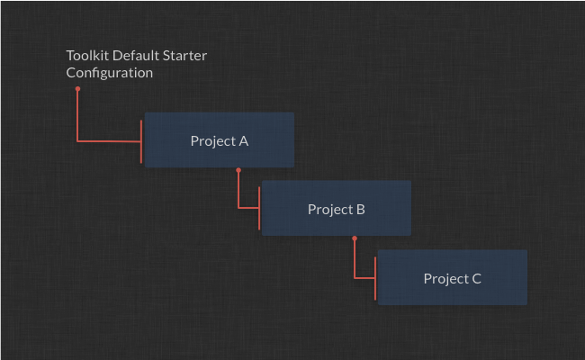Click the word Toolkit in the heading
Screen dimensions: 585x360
(x=87, y=56)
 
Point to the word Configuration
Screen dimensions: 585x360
(x=109, y=73)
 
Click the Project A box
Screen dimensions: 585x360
(x=220, y=139)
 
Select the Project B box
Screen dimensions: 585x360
(x=337, y=208)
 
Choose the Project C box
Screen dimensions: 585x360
(x=453, y=277)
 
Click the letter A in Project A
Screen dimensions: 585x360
(x=244, y=141)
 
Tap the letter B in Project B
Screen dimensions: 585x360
(x=360, y=210)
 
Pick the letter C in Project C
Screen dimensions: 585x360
(x=476, y=279)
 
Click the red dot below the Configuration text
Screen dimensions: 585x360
(x=77, y=89)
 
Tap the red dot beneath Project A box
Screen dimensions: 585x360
(x=238, y=170)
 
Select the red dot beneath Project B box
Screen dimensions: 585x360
(x=355, y=238)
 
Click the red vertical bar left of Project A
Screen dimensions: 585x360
(x=141, y=142)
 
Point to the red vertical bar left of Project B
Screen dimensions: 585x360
(x=259, y=208)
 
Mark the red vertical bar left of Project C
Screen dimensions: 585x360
(x=375, y=278)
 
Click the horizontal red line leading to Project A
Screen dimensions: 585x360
(x=109, y=141)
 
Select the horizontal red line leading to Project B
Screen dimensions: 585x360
(x=248, y=207)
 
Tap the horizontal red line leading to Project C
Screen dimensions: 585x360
(x=364, y=278)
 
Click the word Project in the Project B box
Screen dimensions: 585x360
(x=330, y=210)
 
